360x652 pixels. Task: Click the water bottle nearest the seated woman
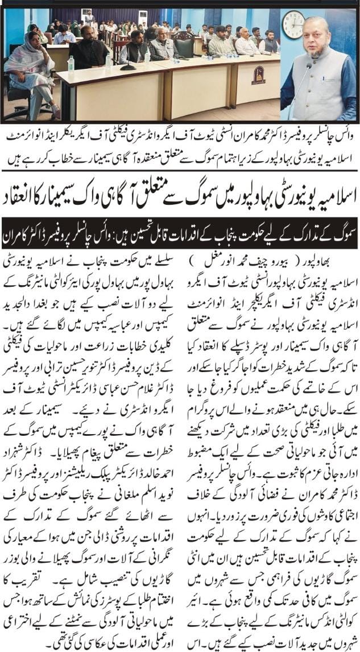[71, 64]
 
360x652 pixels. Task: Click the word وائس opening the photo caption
[341, 135]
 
